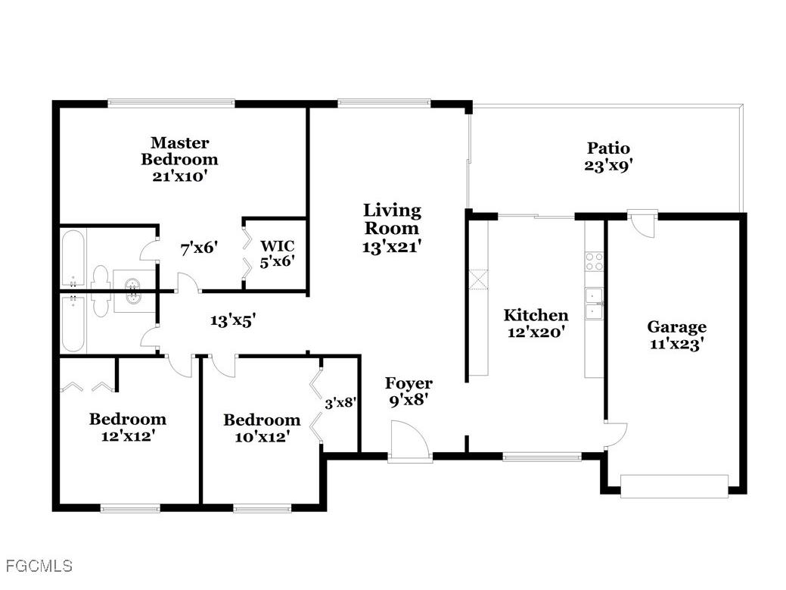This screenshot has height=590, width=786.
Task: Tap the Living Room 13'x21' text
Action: pos(391,227)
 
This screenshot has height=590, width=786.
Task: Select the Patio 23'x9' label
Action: pos(607,157)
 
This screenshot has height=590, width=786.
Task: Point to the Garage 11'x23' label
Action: pos(676,335)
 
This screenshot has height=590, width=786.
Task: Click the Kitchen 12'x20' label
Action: pos(536,323)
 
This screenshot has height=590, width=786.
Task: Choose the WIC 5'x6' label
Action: pos(277,253)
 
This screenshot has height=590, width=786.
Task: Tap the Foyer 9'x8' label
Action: pos(409,392)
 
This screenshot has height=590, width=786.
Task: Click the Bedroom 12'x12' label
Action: pos(127,427)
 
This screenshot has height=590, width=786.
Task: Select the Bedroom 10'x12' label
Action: pos(261,428)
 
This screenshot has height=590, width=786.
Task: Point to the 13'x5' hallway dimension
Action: pos(232,320)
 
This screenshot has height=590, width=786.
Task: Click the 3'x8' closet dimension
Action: pos(340,404)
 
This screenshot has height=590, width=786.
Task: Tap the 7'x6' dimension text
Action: pos(199,247)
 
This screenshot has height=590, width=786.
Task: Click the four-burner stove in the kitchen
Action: pos(595,261)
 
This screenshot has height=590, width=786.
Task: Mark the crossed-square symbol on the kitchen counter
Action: pos(478,279)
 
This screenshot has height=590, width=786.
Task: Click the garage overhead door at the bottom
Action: pos(674,485)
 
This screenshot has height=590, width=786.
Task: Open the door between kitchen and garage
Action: pos(615,432)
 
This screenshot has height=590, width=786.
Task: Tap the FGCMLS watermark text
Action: pos(39,566)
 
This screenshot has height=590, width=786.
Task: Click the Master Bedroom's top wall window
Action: pos(170,103)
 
